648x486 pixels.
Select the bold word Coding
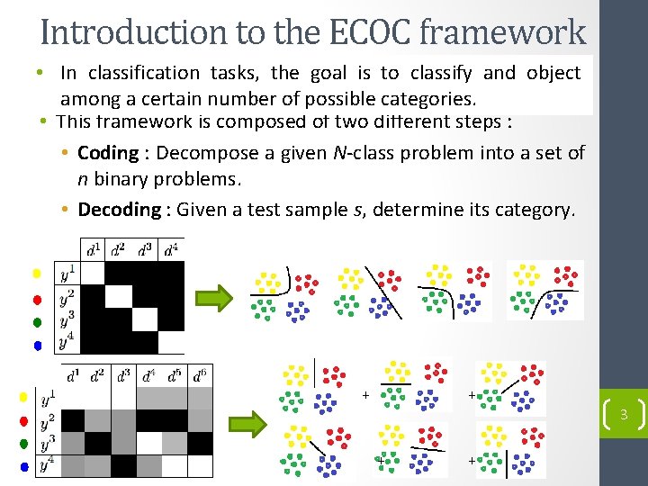click(x=108, y=153)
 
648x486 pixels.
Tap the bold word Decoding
click(x=119, y=210)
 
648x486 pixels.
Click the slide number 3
click(x=623, y=415)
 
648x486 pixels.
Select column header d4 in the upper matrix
click(x=170, y=249)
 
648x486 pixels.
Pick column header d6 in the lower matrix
click(x=202, y=374)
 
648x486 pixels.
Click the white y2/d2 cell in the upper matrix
click(x=119, y=296)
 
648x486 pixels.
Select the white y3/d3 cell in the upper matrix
click(x=145, y=319)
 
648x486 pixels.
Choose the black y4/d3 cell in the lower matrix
click(x=123, y=465)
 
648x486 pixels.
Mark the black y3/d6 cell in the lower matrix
click(x=201, y=443)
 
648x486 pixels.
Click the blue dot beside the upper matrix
click(x=37, y=345)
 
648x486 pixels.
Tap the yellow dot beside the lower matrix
click(x=24, y=397)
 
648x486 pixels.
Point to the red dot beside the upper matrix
click(x=37, y=299)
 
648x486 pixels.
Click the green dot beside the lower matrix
click(x=24, y=444)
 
